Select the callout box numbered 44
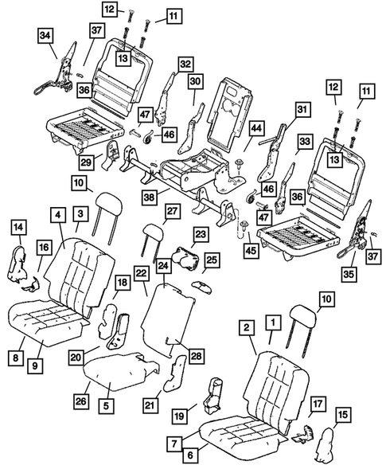pos(256,127)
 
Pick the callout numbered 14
pos(17,228)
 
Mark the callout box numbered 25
pos(212,260)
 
